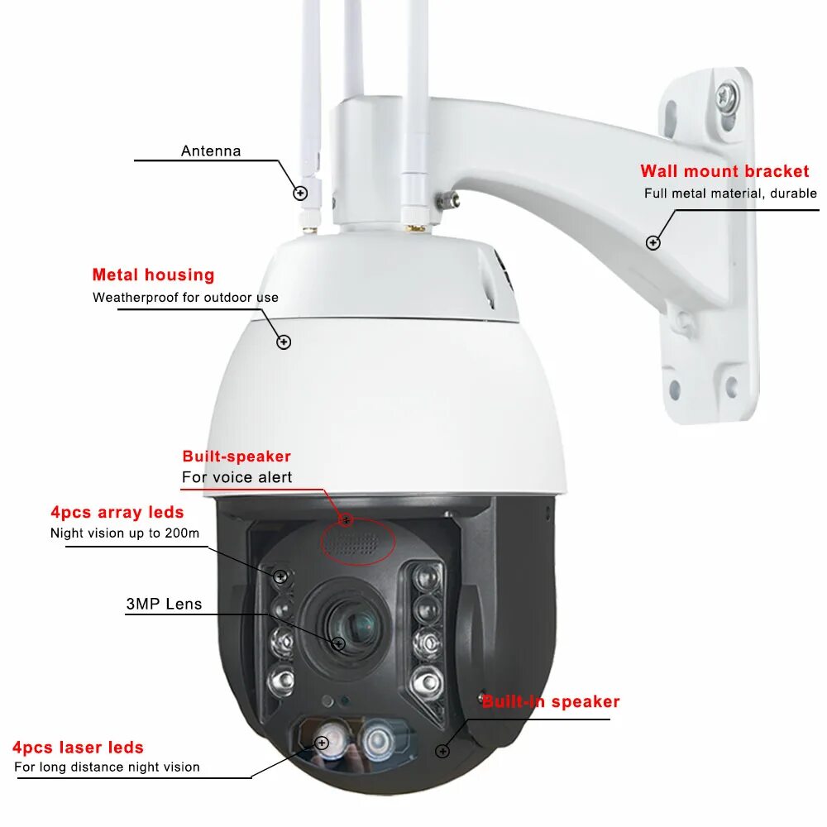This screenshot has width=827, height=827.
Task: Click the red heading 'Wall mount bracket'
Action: tap(724, 171)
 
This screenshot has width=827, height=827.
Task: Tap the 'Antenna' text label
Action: tap(211, 151)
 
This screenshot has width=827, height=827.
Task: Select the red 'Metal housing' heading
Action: tap(153, 275)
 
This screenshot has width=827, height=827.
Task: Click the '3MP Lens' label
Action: tap(164, 604)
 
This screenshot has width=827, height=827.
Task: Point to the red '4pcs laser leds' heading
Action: tap(78, 748)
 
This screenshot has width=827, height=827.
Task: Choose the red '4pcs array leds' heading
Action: tap(117, 512)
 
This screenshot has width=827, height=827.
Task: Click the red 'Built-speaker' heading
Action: tap(237, 457)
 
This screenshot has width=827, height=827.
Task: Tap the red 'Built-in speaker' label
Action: tap(551, 702)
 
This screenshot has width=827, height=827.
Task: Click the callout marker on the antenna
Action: tap(300, 194)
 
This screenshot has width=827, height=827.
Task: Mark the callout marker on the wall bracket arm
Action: tap(653, 242)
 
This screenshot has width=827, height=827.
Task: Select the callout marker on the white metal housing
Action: tap(284, 341)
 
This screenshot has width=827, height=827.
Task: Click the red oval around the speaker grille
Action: tap(358, 543)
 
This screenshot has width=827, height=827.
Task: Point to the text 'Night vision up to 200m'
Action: tap(125, 533)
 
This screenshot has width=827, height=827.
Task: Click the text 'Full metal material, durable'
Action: tap(730, 194)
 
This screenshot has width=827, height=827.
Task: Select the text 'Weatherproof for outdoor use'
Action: tap(185, 297)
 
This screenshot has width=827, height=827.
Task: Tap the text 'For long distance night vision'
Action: tap(107, 767)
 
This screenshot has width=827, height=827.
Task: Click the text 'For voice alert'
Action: tap(237, 477)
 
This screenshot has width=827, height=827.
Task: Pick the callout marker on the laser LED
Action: tap(322, 743)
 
